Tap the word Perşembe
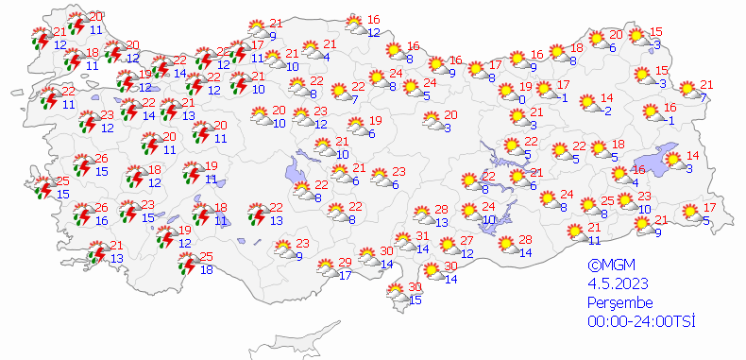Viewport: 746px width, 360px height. tap(619, 302)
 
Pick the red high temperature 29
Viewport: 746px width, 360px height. tap(345, 262)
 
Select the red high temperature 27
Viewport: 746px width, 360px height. tap(467, 241)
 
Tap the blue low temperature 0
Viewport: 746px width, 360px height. tap(522, 99)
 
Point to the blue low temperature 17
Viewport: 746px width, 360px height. tap(345, 276)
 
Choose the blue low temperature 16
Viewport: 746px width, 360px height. tap(102, 221)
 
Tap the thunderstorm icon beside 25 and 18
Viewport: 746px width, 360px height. tap(189, 264)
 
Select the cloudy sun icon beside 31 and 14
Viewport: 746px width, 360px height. tap(403, 243)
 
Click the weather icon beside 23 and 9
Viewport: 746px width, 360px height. tap(281, 249)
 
